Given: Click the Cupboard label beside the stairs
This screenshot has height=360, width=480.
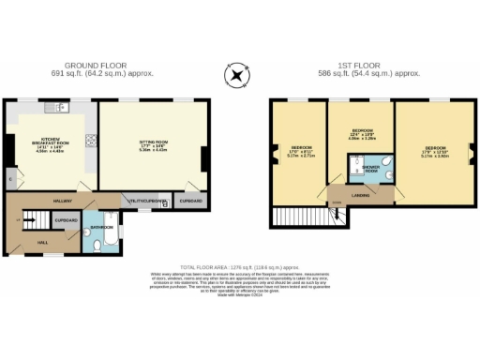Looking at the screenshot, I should point(66,220).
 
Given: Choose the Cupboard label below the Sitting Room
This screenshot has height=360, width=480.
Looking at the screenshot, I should point(190,201).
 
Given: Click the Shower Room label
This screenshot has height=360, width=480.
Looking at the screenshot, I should point(371,171).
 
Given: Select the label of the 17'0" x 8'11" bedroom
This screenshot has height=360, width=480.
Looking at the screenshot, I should point(300,151).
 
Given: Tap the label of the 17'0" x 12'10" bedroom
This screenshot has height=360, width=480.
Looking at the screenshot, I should point(435,151).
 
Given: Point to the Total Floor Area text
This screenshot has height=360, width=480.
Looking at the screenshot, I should point(239,266).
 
